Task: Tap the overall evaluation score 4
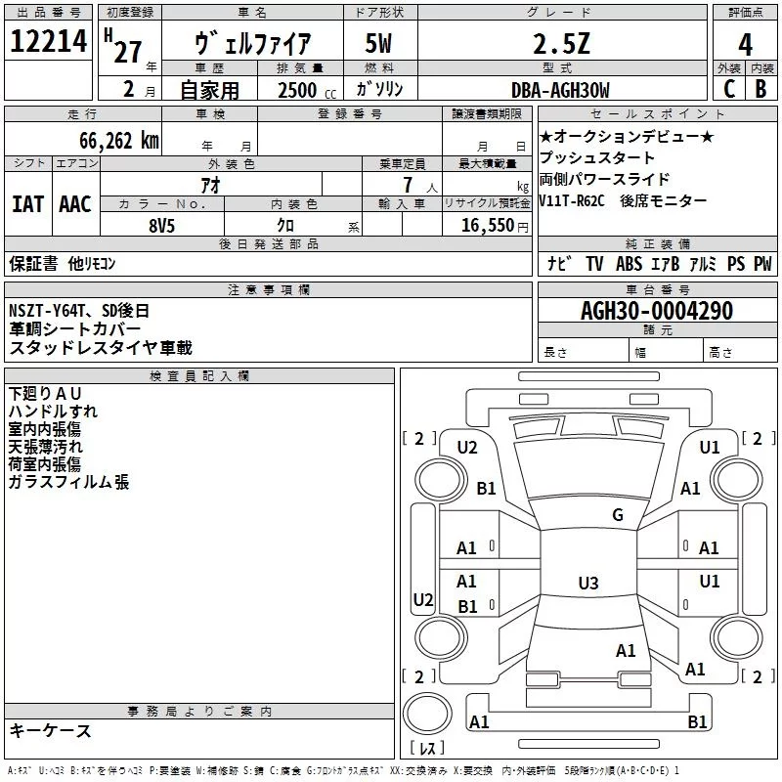[745, 44]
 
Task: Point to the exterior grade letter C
[728, 90]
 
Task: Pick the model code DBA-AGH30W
[559, 90]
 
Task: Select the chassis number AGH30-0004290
[656, 311]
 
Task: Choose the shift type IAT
[27, 203]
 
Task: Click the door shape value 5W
[380, 45]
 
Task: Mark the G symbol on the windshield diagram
[617, 515]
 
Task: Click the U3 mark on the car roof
[587, 584]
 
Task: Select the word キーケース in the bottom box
[50, 731]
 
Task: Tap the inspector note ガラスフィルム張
[68, 482]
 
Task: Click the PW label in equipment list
[762, 264]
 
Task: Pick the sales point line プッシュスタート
[596, 158]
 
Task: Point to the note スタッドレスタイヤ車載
[101, 347]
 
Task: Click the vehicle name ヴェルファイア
[253, 44]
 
